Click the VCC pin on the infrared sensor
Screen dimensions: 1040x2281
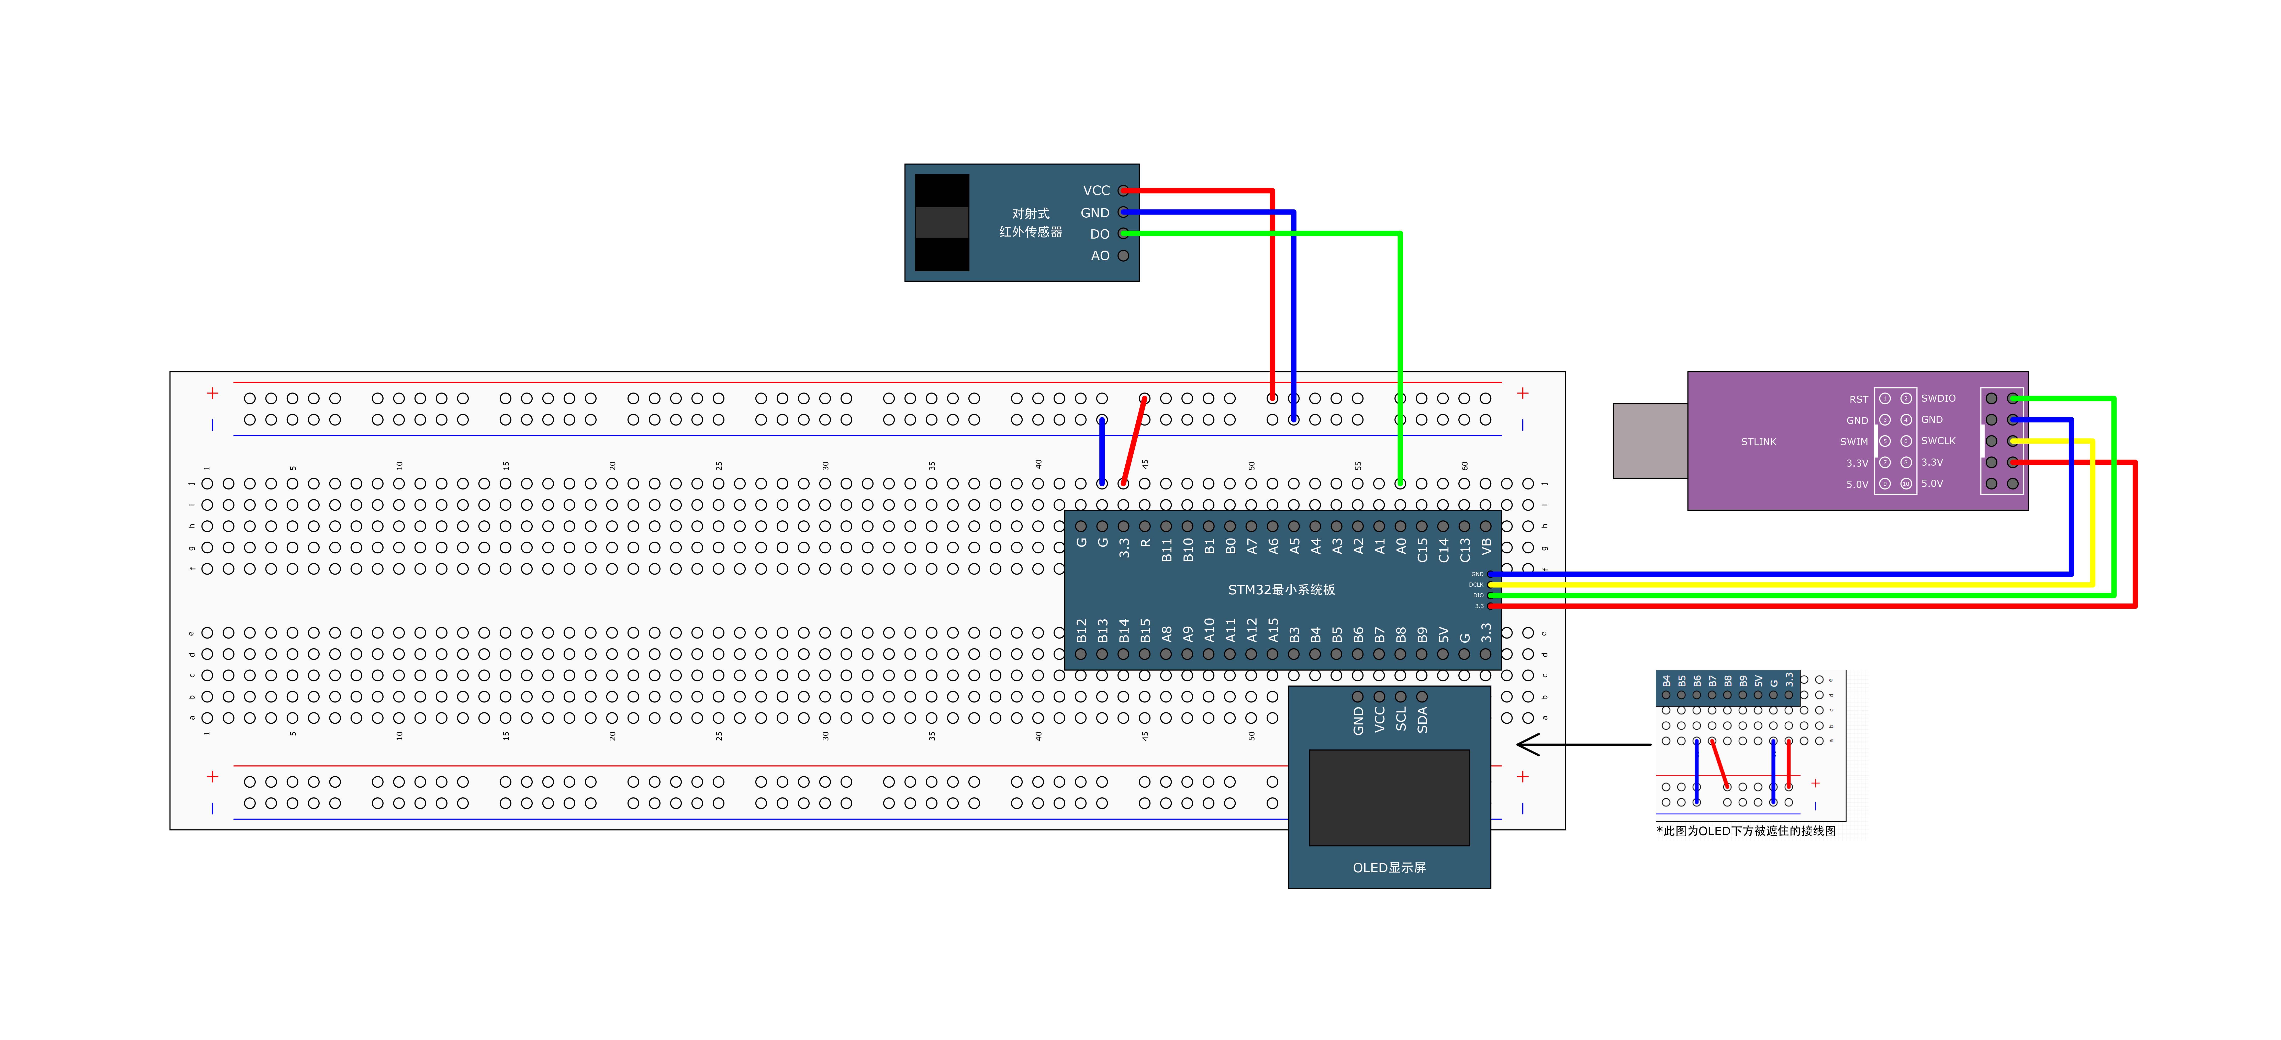click(x=1123, y=190)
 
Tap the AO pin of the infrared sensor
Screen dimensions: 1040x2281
click(x=1123, y=256)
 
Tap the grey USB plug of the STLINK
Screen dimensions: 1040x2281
click(x=1649, y=441)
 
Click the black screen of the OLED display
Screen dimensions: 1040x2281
click(x=1389, y=798)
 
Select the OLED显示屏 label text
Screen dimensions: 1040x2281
click(x=1389, y=867)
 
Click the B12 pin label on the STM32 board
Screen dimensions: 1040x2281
click(x=1081, y=630)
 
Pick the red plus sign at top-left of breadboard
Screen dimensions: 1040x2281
click(x=213, y=393)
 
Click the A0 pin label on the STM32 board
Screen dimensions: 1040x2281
click(x=1401, y=547)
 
